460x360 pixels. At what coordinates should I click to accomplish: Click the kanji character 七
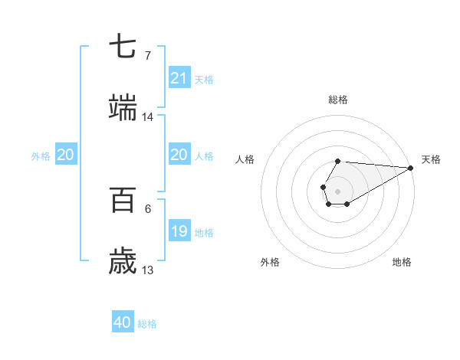(x=123, y=47)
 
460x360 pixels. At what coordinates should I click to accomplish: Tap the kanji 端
(x=123, y=108)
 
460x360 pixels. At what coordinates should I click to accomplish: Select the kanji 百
(x=123, y=201)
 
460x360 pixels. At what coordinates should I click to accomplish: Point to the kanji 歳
(x=123, y=262)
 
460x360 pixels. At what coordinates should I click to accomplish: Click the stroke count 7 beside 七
(x=147, y=55)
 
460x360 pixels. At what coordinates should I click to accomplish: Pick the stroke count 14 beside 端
(x=147, y=116)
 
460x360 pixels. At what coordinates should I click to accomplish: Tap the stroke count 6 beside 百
(x=147, y=209)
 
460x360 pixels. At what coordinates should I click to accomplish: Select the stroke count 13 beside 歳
(x=147, y=270)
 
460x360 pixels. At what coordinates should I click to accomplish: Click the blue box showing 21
(x=179, y=77)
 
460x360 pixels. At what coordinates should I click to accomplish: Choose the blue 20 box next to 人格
(x=179, y=155)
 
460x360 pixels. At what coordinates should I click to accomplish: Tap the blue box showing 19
(x=179, y=231)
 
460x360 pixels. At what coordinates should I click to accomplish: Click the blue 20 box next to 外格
(x=66, y=155)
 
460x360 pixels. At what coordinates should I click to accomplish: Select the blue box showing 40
(x=123, y=322)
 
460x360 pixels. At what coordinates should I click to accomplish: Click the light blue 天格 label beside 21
(x=204, y=79)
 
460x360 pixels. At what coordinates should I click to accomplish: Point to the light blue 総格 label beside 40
(x=147, y=324)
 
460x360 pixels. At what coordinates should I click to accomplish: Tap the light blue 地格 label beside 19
(x=204, y=233)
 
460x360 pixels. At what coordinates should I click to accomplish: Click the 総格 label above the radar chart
(x=337, y=100)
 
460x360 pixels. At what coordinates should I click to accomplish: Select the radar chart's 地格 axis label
(x=402, y=262)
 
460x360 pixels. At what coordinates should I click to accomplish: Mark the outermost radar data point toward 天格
(x=410, y=168)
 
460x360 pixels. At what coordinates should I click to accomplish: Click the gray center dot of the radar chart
(x=337, y=190)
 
